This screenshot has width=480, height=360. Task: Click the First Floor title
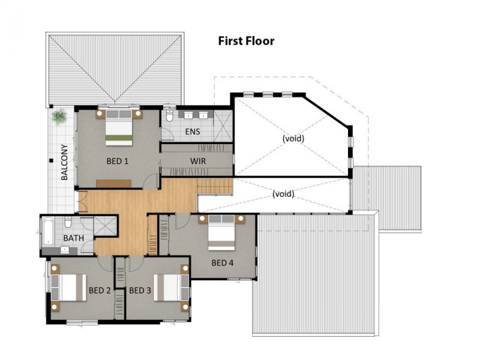[x=246, y=41]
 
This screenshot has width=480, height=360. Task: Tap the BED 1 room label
[x=117, y=161]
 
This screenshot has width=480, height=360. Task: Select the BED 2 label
[x=100, y=290]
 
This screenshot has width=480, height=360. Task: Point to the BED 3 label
[x=140, y=290]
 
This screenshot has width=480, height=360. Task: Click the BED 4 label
[x=223, y=263]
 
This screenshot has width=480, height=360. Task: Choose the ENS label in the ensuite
[x=193, y=131]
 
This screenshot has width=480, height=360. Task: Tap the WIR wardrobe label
[x=198, y=161]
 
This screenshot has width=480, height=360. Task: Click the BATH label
[x=73, y=238]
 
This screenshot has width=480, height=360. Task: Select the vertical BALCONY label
[x=64, y=162]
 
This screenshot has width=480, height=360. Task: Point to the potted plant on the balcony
[x=59, y=116]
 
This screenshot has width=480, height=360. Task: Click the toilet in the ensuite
[x=170, y=115]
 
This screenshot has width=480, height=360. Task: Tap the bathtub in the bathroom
[x=47, y=232]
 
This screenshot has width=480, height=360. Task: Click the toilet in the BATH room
[x=68, y=222]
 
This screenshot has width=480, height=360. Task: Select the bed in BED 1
[x=119, y=127]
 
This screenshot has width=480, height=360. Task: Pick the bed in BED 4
[x=221, y=232]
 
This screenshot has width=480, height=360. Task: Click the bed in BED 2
[x=68, y=287]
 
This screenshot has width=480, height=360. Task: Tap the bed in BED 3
[x=171, y=287]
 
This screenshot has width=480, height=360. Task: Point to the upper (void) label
[x=293, y=139]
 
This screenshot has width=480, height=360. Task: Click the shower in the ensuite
[x=223, y=126]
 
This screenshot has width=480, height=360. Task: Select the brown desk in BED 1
[x=113, y=184]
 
